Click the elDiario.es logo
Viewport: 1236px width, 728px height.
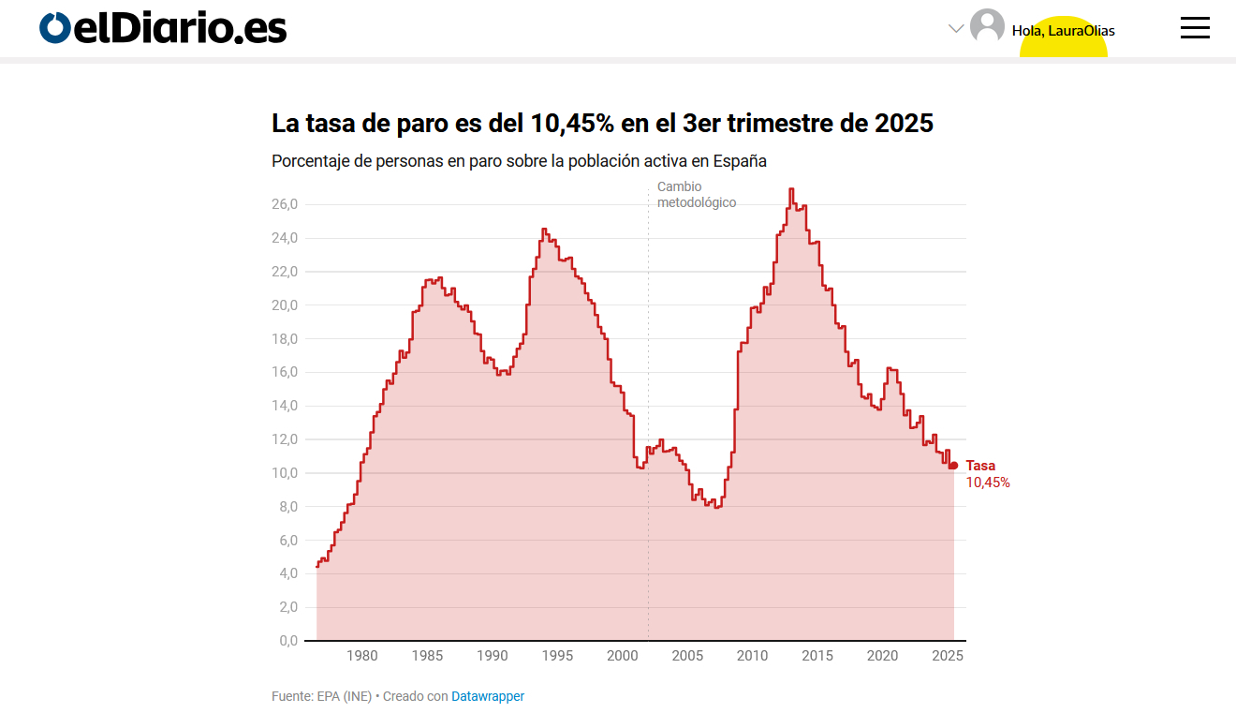pyautogui.click(x=163, y=28)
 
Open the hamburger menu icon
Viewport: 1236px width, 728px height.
pyautogui.click(x=1195, y=28)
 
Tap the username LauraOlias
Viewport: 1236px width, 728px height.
pyautogui.click(x=1081, y=31)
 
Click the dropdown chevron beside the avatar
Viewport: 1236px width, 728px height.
pyautogui.click(x=956, y=28)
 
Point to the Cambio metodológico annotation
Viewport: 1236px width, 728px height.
pyautogui.click(x=696, y=195)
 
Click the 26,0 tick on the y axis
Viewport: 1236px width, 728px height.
pyautogui.click(x=285, y=204)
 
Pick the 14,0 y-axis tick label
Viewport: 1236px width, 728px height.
pyautogui.click(x=285, y=406)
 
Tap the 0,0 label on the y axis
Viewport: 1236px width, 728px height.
pyautogui.click(x=287, y=641)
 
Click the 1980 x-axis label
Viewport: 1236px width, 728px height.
pyautogui.click(x=362, y=656)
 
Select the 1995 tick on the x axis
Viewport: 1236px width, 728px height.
pyautogui.click(x=557, y=656)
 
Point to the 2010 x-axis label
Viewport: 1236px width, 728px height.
pyautogui.click(x=752, y=656)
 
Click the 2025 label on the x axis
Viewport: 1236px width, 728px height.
pyautogui.click(x=948, y=656)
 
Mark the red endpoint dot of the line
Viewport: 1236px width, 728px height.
pyautogui.click(x=953, y=466)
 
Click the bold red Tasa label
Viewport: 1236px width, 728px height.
pyautogui.click(x=980, y=466)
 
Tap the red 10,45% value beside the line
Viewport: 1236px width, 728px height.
pyautogui.click(x=988, y=483)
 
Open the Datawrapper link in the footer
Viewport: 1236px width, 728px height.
pyautogui.click(x=488, y=696)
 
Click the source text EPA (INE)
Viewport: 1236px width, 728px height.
pyautogui.click(x=344, y=696)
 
